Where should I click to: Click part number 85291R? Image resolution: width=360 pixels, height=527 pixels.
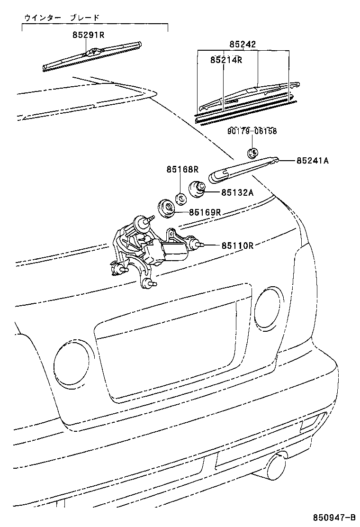(88, 35)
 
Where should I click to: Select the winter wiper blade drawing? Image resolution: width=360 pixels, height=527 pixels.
(92, 56)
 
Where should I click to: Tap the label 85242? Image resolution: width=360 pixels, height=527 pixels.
(243, 44)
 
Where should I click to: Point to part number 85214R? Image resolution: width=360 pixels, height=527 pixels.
(226, 60)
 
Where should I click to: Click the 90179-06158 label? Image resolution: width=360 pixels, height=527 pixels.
(252, 131)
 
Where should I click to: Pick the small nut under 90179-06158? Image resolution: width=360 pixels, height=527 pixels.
(252, 153)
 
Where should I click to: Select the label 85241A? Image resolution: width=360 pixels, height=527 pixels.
(312, 161)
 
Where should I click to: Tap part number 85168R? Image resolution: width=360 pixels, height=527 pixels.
(182, 169)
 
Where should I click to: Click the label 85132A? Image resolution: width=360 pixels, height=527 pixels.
(237, 192)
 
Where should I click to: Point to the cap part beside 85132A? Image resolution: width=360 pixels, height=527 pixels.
(197, 189)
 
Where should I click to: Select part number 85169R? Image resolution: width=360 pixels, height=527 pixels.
(205, 212)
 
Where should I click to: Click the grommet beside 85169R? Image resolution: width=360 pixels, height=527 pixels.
(166, 209)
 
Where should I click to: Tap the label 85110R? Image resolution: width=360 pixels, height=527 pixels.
(237, 245)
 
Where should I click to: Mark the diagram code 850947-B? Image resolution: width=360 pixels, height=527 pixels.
(334, 517)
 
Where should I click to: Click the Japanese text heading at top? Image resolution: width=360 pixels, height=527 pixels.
(62, 18)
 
